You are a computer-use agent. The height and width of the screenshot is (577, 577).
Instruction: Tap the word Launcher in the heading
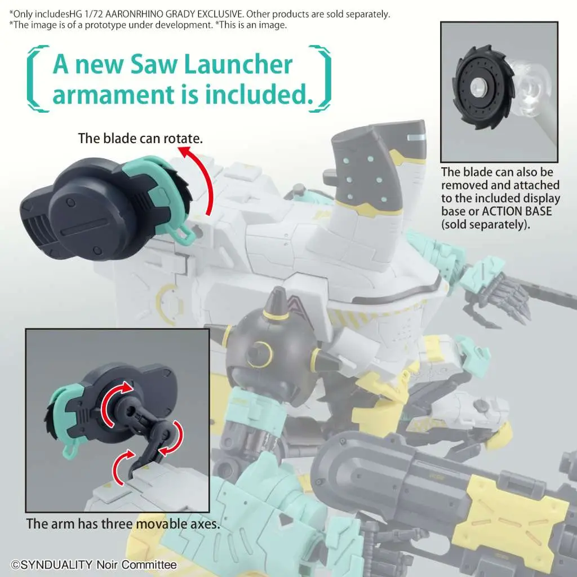[x=238, y=64]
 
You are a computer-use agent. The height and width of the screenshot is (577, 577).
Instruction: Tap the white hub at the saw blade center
[x=478, y=87]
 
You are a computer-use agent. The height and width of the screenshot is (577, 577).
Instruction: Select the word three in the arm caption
[x=118, y=524]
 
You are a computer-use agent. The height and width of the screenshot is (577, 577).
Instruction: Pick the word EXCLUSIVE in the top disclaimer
[x=220, y=14]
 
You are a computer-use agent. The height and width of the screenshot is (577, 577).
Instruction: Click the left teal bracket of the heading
[x=37, y=78]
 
